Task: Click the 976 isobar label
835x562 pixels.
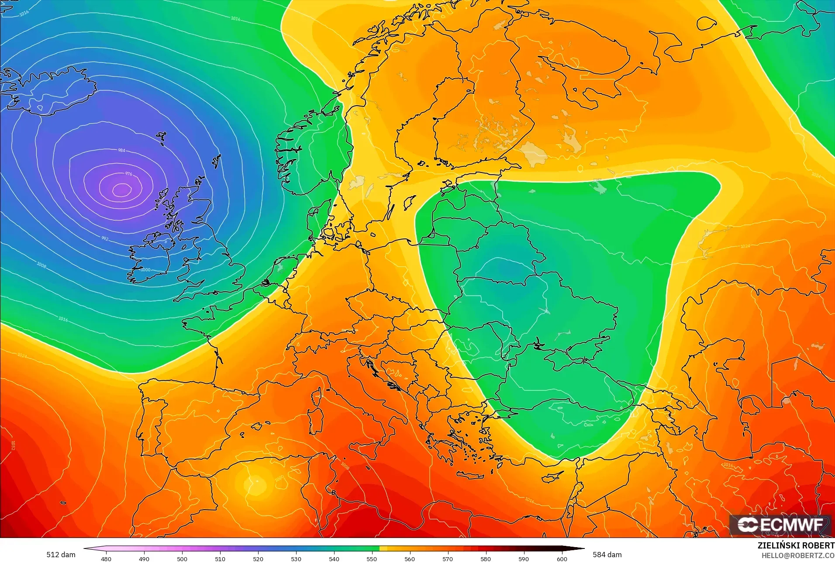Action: pos(128,173)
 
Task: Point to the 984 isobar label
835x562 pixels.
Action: pos(121,150)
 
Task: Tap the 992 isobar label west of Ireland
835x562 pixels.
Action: pos(105,238)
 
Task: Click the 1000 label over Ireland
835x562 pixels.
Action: pos(146,270)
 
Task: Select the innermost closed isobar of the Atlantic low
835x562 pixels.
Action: pos(122,190)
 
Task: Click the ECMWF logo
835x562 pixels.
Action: pos(780,524)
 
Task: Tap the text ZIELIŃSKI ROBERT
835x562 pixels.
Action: pos(796,545)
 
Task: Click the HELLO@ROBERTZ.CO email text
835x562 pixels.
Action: pos(798,555)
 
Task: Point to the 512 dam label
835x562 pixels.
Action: pos(61,555)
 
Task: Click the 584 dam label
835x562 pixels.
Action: pos(607,555)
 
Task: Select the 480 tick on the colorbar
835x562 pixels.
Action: pos(106,559)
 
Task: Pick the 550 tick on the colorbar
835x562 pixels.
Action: pos(372,559)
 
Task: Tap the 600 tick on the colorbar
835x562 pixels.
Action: pos(562,559)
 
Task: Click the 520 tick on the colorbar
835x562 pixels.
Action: pos(258,559)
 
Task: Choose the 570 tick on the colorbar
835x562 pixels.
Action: pos(448,559)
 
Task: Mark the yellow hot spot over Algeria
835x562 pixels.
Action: pos(257,484)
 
